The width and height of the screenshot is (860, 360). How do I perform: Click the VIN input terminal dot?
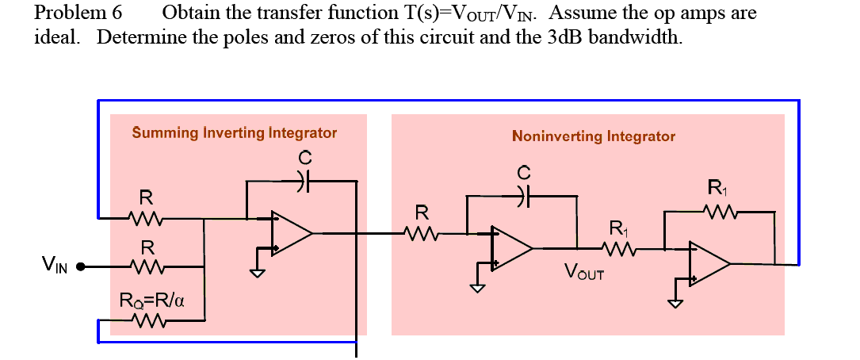80,267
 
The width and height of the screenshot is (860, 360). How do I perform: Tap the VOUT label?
585,274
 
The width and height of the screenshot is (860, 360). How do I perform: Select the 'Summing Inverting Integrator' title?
234,132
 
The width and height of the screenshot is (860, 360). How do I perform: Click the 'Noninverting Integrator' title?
593,136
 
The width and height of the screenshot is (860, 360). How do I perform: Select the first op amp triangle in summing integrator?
291,233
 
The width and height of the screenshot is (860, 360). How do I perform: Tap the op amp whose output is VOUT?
511,247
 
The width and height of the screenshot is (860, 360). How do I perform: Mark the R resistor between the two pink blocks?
422,233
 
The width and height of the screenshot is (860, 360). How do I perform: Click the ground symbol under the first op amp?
257,273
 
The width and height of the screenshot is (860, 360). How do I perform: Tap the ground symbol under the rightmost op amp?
674,303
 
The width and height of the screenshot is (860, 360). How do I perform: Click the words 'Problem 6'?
79,13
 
